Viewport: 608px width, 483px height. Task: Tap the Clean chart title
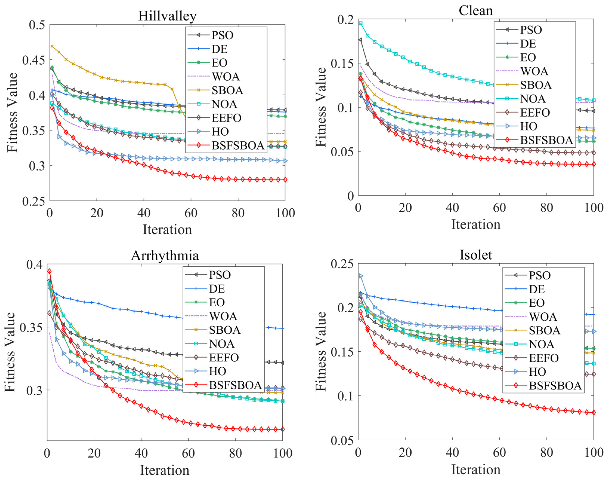tap(475, 11)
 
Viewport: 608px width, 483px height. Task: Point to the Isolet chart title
tap(475, 255)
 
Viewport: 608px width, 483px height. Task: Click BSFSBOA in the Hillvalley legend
tap(238, 145)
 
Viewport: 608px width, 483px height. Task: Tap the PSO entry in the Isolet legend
tap(539, 275)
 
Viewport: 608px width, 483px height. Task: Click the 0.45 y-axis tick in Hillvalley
tap(34, 60)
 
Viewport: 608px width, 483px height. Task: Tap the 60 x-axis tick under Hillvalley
tap(191, 213)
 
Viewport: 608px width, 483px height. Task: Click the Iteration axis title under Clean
tap(476, 224)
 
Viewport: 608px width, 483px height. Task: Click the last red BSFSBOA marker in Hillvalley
tap(285, 180)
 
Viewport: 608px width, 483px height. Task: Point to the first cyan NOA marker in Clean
tap(360, 23)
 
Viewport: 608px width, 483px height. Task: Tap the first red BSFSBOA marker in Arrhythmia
tap(49, 271)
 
